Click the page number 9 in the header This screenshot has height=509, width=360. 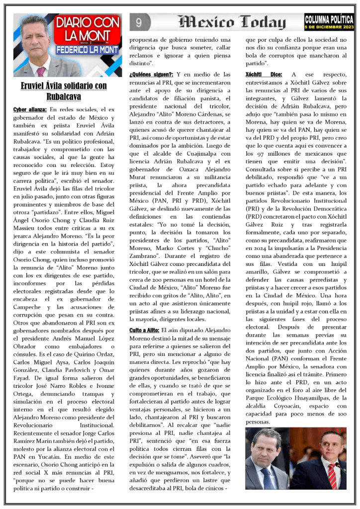pos(139,22)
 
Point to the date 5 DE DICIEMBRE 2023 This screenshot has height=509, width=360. pos(329,26)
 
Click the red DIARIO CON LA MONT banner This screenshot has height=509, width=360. pos(88,30)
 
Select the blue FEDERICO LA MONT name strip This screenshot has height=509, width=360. pos(88,50)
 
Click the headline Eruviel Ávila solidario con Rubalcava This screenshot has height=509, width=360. pos(64,90)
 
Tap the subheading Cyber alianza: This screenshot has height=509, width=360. pos(30,109)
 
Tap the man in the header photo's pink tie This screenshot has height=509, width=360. pos(41,70)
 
